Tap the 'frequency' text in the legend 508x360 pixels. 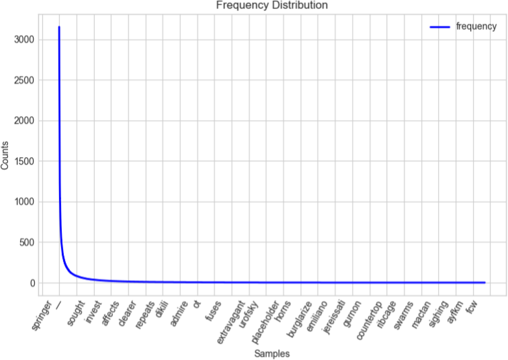click(476, 27)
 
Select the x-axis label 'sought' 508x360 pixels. click(76, 313)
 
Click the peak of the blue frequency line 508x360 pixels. click(59, 28)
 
